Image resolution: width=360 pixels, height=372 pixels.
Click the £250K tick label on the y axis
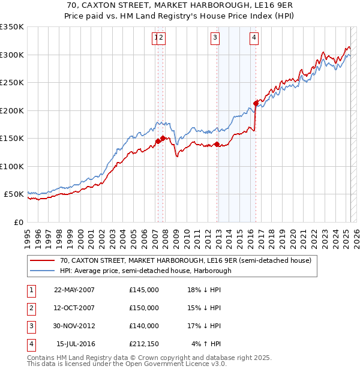(11, 82)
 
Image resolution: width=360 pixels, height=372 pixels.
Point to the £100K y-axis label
(11, 166)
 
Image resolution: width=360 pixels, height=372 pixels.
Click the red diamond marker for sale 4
(256, 103)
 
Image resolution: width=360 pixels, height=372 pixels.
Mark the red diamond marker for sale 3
(217, 143)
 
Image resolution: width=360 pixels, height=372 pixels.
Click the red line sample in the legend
(42, 261)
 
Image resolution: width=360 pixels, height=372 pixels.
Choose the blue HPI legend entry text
(145, 271)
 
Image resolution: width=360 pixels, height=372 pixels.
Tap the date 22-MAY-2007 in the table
(74, 290)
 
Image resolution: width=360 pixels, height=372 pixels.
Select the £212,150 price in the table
(144, 344)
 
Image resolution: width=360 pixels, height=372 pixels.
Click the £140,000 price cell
(144, 326)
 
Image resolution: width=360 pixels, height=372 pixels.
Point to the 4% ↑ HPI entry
(206, 344)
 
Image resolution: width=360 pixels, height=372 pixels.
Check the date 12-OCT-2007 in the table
(74, 308)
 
